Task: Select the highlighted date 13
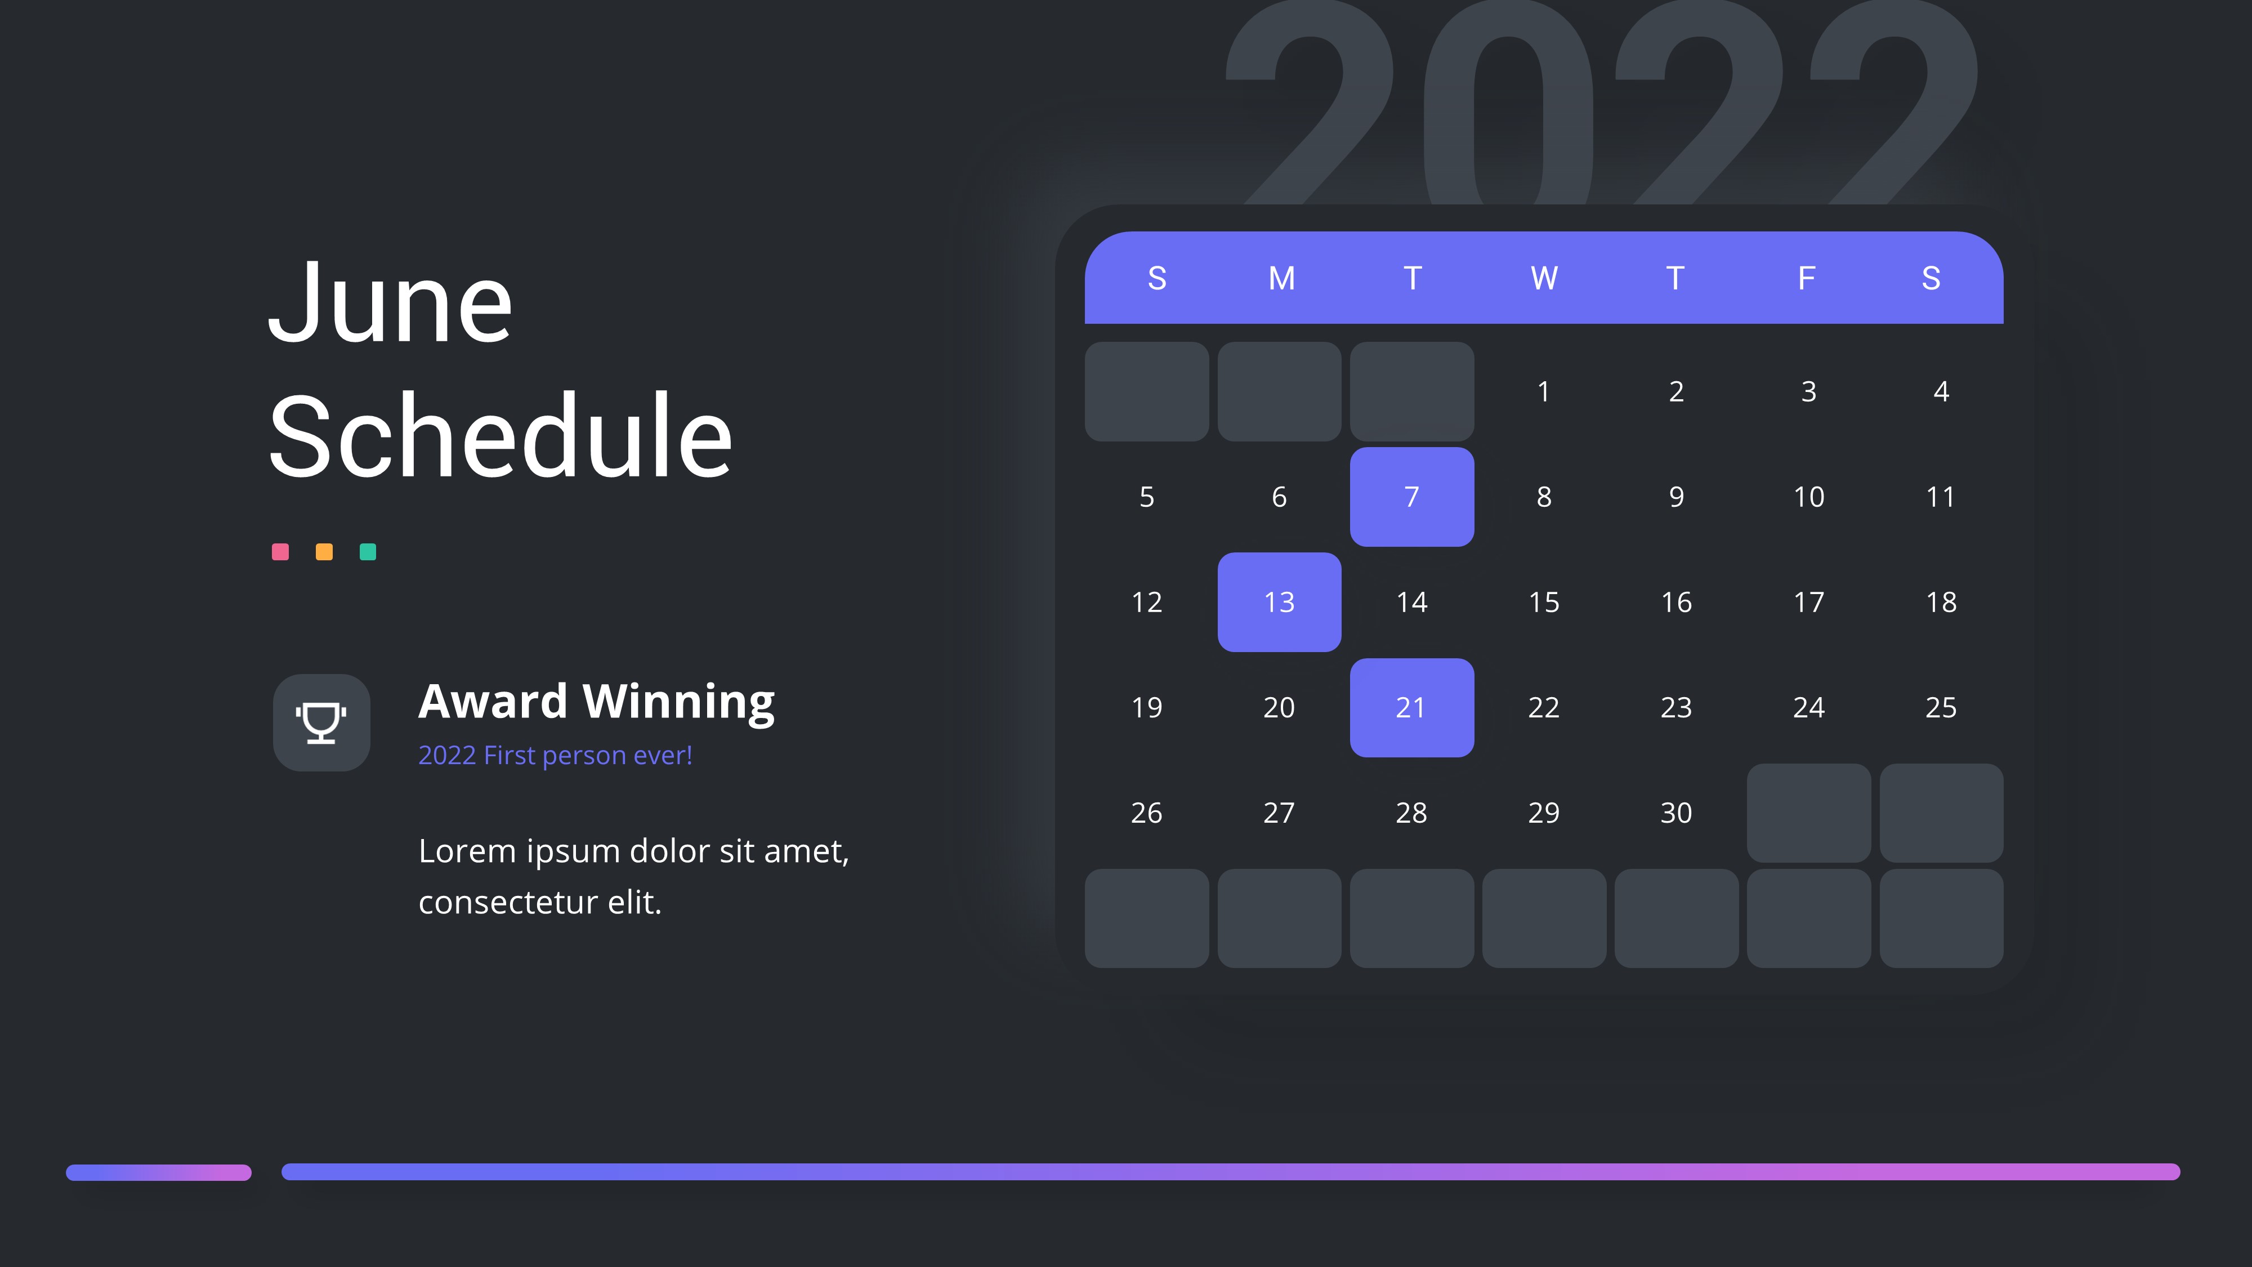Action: (x=1279, y=601)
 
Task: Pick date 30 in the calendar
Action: (x=1676, y=813)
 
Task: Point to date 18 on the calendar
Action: (x=1941, y=601)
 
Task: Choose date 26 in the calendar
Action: (x=1146, y=813)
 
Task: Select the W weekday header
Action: (x=1544, y=278)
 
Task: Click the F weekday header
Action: (x=1806, y=278)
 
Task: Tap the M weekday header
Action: (x=1281, y=278)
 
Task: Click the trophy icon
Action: (x=321, y=722)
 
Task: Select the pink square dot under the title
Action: (x=280, y=552)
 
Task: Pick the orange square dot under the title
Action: (x=324, y=552)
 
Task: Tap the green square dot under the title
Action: (x=368, y=552)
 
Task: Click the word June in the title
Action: (x=390, y=302)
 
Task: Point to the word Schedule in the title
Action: (x=500, y=435)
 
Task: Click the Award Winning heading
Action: (x=596, y=702)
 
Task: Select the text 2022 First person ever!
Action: (x=555, y=755)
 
